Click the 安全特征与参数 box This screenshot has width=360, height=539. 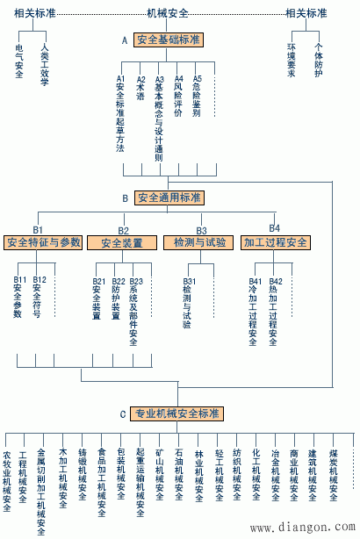tap(44, 242)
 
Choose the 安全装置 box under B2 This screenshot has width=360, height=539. tap(122, 242)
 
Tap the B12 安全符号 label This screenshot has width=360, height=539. tap(38, 297)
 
